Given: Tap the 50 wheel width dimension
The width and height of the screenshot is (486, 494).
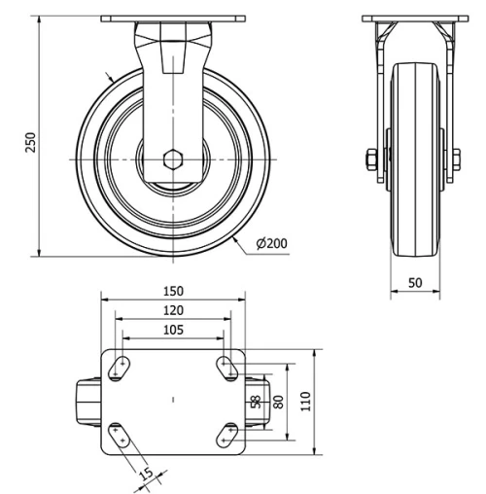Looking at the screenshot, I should (415, 282).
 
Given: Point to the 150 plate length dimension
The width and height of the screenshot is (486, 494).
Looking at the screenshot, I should (172, 291).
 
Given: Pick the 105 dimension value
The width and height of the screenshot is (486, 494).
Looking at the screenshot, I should (172, 329).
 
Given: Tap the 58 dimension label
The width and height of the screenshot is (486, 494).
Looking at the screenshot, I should (256, 401).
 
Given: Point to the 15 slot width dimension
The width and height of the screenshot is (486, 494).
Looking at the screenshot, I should (145, 476).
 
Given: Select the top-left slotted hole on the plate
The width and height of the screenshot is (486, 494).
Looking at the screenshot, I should (121, 366).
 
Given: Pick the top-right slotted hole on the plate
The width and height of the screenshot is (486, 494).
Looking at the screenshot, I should (228, 367).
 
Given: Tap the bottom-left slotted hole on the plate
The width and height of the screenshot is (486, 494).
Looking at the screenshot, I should (121, 435).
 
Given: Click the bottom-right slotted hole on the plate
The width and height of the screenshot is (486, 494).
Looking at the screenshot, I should (228, 435).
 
